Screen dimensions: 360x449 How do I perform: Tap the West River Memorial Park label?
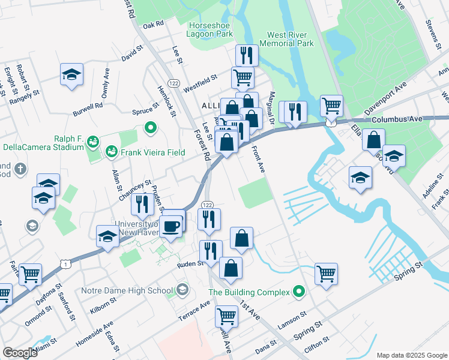[286, 40]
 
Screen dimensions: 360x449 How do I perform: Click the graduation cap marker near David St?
[71, 74]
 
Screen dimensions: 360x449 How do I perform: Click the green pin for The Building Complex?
[298, 292]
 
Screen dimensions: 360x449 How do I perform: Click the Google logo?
[20, 352]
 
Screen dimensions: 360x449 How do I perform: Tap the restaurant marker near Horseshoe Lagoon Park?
[247, 56]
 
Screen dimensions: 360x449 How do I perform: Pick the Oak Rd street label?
[154, 25]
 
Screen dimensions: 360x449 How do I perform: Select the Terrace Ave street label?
[197, 311]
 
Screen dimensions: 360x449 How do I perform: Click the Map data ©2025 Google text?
[411, 355]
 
